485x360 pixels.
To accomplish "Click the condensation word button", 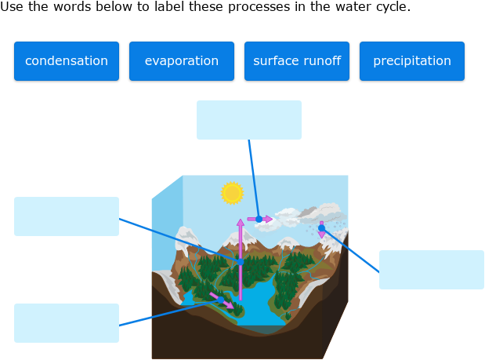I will [x=67, y=61].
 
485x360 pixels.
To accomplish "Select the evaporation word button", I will [x=182, y=61].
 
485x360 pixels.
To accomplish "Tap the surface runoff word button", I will [x=297, y=61].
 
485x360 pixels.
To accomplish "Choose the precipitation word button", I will [x=412, y=61].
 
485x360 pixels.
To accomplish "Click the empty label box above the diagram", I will [x=249, y=120].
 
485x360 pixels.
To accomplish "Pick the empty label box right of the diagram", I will [x=432, y=270].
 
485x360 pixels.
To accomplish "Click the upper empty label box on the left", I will [x=67, y=216].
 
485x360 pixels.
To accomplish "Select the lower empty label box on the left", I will [x=67, y=323].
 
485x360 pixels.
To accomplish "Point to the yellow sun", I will [x=232, y=193].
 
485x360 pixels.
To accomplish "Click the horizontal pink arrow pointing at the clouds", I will [x=260, y=220].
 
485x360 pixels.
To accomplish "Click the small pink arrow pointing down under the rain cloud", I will [x=321, y=230].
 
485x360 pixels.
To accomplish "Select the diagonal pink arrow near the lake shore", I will [x=221, y=299].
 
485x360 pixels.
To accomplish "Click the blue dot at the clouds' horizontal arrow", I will [x=259, y=220].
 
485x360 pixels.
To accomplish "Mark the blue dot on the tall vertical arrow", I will [x=241, y=261].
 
